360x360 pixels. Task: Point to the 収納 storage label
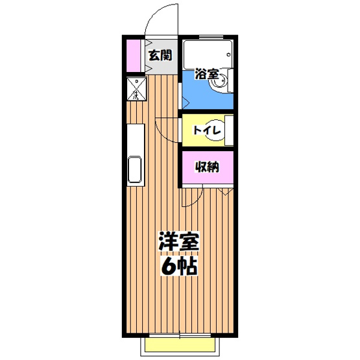[x=207, y=167]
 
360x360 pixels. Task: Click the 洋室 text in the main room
[x=179, y=243]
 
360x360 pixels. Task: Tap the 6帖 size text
[x=179, y=266]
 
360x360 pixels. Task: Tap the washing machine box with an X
[x=136, y=89]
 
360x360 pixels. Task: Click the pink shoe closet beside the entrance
[x=134, y=57]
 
